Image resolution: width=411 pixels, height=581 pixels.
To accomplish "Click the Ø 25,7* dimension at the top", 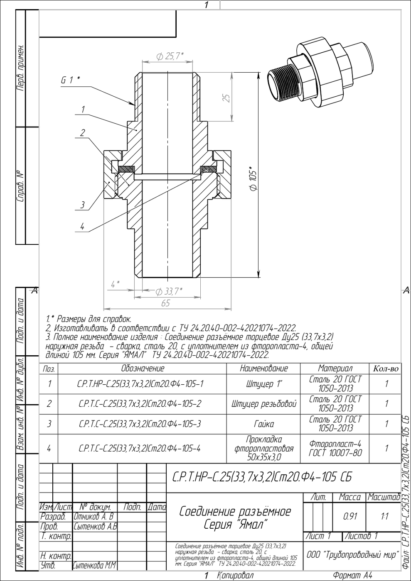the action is click(170, 56).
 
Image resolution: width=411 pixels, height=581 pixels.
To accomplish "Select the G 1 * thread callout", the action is click(70, 80).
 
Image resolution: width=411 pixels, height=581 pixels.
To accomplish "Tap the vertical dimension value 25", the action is click(227, 98).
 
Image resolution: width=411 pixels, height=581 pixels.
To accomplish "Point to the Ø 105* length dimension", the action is click(253, 179).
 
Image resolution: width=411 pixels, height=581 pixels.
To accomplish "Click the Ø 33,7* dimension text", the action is click(169, 291).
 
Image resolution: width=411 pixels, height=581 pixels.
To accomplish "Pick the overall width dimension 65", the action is click(165, 303).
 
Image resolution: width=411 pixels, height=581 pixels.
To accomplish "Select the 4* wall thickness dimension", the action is click(115, 284).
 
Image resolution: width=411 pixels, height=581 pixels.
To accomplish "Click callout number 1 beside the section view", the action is click(83, 110).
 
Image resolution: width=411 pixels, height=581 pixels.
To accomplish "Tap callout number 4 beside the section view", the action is click(82, 227).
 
